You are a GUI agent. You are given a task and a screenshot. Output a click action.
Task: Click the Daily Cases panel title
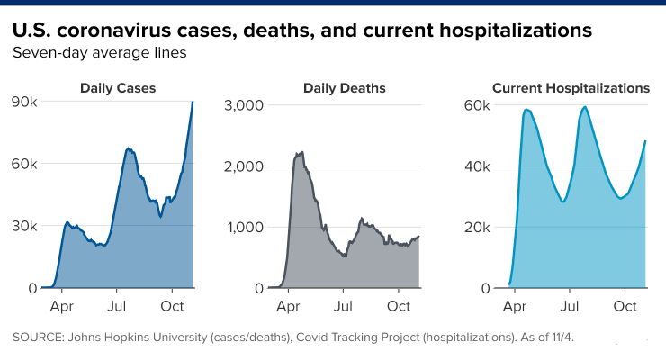(x=118, y=88)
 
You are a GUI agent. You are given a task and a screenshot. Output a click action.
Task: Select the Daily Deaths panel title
(x=345, y=88)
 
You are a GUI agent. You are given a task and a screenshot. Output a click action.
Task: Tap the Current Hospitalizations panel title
(x=571, y=88)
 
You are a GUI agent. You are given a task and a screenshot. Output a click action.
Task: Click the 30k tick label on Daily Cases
(x=23, y=226)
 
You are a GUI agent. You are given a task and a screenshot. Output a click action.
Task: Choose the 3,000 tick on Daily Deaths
(x=244, y=105)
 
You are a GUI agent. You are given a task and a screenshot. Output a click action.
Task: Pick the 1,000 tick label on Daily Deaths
(x=244, y=227)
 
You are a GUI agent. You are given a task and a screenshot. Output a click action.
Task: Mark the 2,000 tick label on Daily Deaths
(x=244, y=166)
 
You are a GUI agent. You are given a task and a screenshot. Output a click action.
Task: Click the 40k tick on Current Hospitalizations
(x=477, y=166)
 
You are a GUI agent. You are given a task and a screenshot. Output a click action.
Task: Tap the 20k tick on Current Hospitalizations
(x=477, y=227)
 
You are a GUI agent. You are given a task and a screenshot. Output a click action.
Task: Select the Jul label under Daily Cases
(x=117, y=306)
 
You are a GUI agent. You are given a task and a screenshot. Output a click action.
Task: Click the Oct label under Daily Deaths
(x=398, y=306)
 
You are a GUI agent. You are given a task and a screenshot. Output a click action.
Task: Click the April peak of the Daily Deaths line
(x=301, y=152)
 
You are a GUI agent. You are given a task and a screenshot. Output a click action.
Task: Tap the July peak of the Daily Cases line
(x=128, y=148)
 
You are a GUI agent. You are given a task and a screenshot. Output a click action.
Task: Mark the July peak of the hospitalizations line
(x=586, y=107)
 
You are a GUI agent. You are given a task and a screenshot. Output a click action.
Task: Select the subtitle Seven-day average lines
(x=99, y=53)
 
